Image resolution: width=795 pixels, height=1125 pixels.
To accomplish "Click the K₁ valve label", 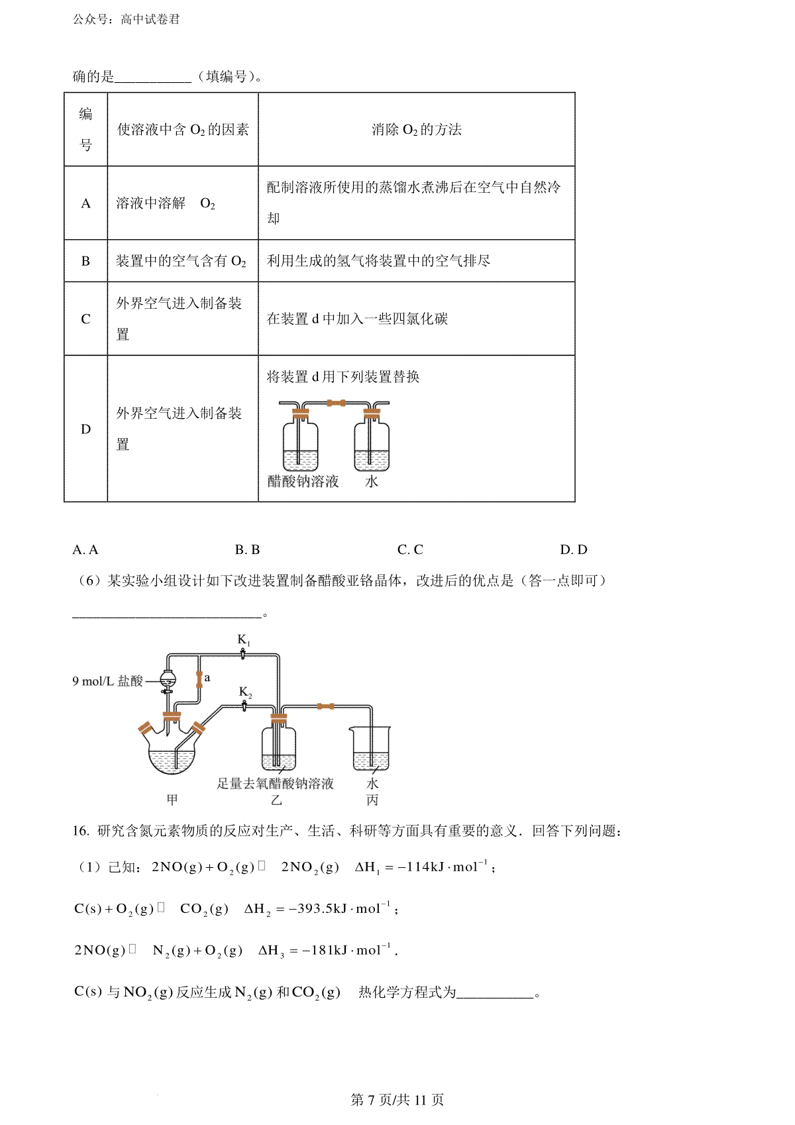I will click(244, 640).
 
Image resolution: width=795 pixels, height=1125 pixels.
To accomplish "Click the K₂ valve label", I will click(245, 692).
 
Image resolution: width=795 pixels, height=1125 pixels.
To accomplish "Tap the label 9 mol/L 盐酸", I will click(107, 680).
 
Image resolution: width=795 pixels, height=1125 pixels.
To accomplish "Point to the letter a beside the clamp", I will click(207, 678).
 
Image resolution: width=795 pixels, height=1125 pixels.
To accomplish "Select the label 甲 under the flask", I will click(172, 800).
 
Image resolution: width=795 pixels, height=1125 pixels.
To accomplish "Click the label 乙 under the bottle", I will click(276, 800).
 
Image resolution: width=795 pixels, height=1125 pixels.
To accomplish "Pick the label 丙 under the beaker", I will click(372, 800).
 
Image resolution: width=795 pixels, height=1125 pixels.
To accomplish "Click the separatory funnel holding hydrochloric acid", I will click(169, 680).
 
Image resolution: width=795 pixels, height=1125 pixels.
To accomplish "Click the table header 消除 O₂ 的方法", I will click(416, 130).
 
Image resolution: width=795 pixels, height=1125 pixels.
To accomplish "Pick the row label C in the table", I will click(85, 319).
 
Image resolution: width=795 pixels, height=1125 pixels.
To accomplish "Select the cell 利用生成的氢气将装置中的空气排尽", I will click(378, 261).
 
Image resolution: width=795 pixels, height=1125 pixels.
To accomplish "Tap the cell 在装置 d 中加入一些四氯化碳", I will click(357, 319).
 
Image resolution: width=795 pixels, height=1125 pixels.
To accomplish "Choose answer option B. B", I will click(247, 550).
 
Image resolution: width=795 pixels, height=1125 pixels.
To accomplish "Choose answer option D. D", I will click(573, 550).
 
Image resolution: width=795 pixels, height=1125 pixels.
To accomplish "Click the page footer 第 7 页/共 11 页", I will click(397, 1100).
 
